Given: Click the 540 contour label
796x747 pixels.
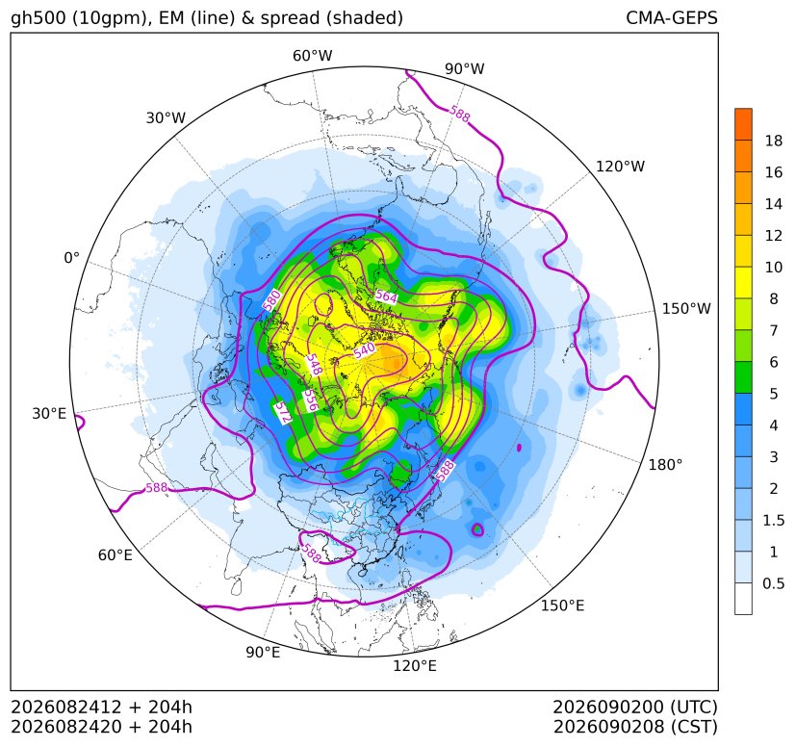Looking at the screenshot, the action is [x=365, y=350].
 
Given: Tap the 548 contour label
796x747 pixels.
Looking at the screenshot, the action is [x=314, y=365].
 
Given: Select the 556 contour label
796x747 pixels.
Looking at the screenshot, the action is [x=311, y=400].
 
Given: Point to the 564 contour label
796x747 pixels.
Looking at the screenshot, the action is [x=386, y=296].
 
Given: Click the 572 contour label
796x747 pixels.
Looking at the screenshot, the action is [x=283, y=413].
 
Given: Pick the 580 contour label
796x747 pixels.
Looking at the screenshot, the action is [x=272, y=300].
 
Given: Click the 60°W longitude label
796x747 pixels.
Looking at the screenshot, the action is [x=313, y=56].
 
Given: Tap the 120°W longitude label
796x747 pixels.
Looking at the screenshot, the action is [x=621, y=167].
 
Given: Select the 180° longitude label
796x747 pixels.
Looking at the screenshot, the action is [x=665, y=464].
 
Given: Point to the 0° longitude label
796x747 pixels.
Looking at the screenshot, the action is [x=72, y=258].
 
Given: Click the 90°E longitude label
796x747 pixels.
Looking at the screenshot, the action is [x=263, y=653].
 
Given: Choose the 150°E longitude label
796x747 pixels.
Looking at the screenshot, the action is [x=562, y=605].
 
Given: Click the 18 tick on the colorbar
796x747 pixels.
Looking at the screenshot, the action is [x=774, y=141].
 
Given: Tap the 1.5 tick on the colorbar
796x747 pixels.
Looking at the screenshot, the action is [x=774, y=520].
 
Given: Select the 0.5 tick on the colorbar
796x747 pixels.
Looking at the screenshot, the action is [x=774, y=583].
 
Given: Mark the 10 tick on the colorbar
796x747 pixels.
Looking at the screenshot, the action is [x=774, y=267].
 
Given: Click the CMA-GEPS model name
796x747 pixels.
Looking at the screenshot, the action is [x=672, y=18].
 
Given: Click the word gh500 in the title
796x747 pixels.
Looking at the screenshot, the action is [x=39, y=19].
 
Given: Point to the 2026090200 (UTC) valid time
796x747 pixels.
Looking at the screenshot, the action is [x=635, y=707].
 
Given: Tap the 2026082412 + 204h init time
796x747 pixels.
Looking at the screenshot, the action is [x=101, y=707].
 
